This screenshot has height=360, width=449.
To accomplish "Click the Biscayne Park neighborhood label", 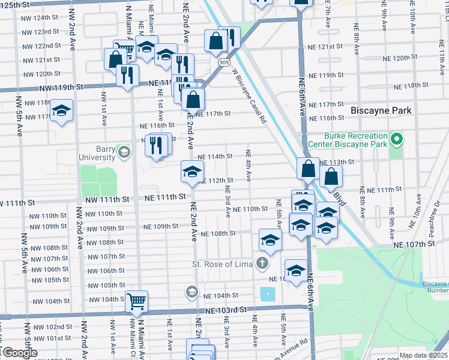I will click(381, 110).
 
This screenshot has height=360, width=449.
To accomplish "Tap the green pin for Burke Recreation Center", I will click(396, 140).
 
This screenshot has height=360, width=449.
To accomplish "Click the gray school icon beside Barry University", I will click(124, 152).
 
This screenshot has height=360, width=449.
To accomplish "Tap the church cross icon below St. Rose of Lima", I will click(261, 263).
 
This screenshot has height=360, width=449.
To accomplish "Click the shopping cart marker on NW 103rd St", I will click(137, 301).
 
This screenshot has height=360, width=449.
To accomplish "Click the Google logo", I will click(19, 353).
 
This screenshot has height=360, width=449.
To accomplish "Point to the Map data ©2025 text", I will click(423, 355).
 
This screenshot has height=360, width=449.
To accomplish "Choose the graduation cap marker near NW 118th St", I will click(61, 110).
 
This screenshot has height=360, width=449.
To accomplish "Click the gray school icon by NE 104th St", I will click(191, 292).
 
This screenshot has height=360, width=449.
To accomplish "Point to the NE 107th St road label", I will click(414, 245).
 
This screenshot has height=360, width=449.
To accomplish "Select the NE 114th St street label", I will click(215, 157).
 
